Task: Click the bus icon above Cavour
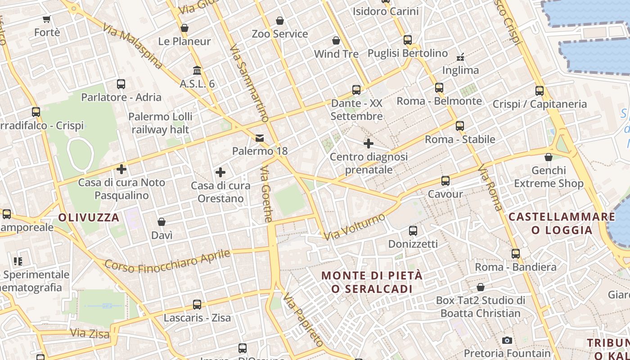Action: tap(445, 181)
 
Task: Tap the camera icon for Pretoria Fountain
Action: tap(507, 340)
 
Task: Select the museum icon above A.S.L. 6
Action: tap(197, 71)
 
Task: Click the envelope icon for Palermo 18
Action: tap(260, 138)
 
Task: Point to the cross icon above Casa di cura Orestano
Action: tap(220, 172)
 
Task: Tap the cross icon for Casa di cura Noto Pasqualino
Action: tap(121, 169)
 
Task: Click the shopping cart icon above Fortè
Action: tap(47, 19)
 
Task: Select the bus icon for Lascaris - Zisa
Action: tap(197, 305)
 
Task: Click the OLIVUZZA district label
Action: tap(89, 218)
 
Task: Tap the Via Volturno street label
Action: tap(355, 227)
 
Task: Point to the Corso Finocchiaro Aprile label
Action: tap(167, 261)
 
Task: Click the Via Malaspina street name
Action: tap(132, 46)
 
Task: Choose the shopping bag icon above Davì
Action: tap(162, 222)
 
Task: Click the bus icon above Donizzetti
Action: tap(413, 231)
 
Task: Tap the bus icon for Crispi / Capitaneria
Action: tap(540, 91)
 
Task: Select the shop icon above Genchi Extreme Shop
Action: tap(549, 157)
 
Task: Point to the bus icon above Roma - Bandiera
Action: tap(516, 254)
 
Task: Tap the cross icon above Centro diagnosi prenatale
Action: tap(369, 144)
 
